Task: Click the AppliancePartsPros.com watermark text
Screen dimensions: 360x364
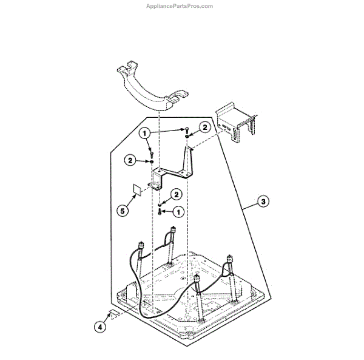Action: (180, 6)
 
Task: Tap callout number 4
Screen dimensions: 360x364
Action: (101, 327)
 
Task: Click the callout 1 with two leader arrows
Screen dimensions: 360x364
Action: (146, 133)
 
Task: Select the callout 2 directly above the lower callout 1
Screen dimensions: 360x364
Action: (177, 194)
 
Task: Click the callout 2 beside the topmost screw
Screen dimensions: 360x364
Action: (205, 127)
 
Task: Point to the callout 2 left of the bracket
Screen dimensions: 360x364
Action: (130, 160)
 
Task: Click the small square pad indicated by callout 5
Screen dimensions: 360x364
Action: (138, 189)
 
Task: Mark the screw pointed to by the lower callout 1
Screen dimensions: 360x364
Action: (160, 212)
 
